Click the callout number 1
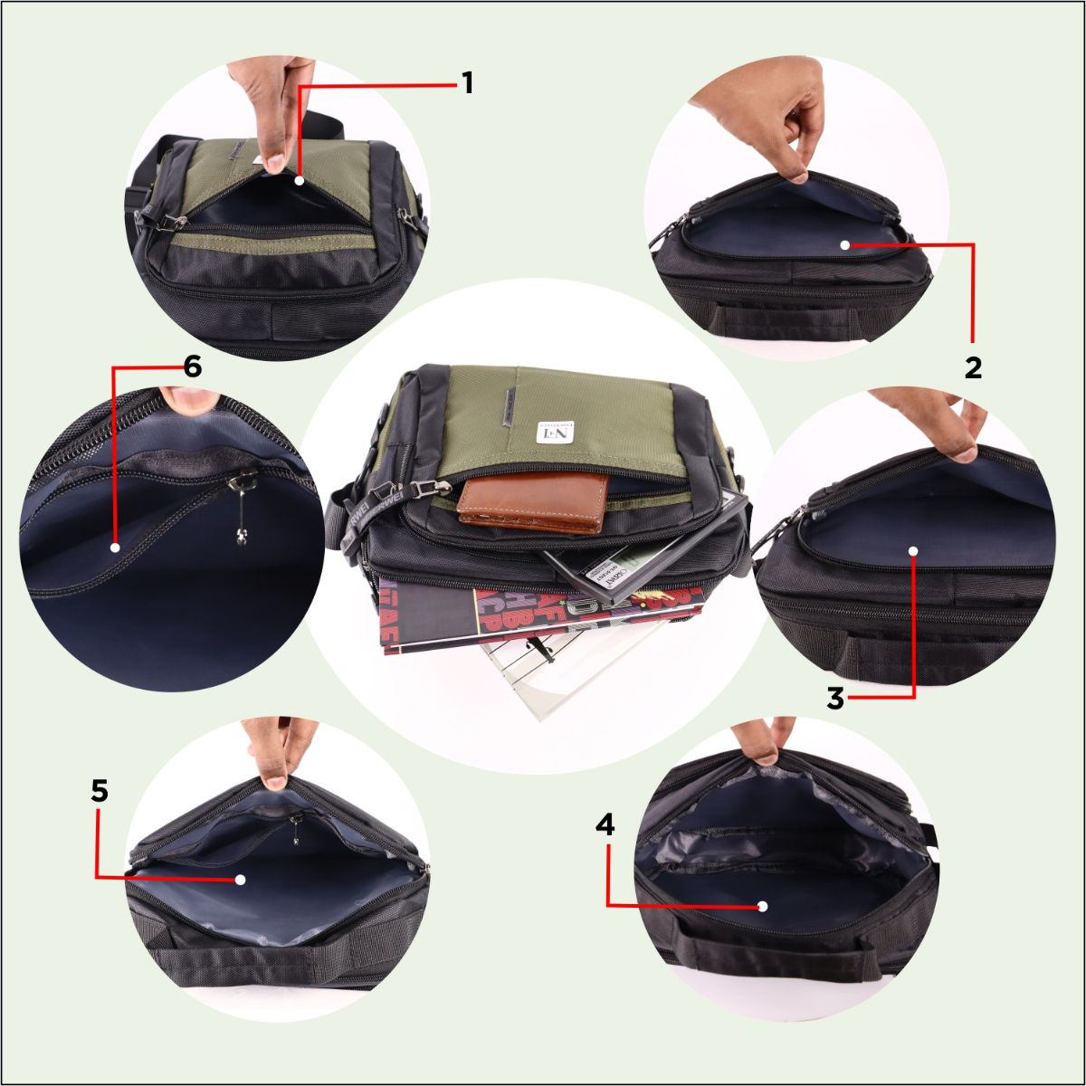[x=467, y=84]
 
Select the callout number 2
[x=973, y=367]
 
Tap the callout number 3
[x=835, y=698]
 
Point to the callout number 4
[x=605, y=824]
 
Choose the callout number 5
[x=100, y=791]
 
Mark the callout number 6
[x=191, y=367]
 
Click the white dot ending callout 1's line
[x=300, y=180]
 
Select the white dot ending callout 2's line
[x=843, y=244]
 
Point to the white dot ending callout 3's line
[x=913, y=550]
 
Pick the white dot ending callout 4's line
[x=763, y=905]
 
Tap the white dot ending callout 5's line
[x=240, y=878]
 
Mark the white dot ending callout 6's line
[x=115, y=548]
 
